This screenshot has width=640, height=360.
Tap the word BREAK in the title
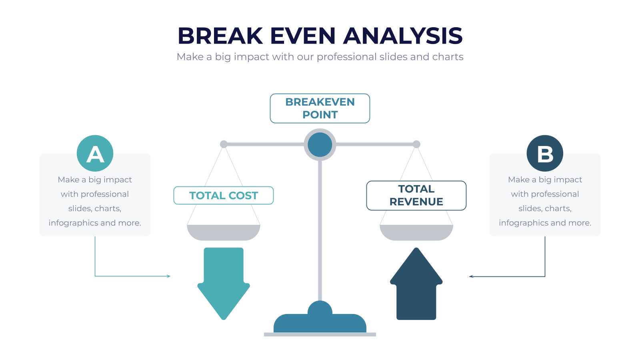[220, 36]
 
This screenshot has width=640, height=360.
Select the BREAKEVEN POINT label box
[320, 108]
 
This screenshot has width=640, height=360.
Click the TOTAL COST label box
[224, 196]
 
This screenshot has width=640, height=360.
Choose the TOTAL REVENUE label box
[416, 196]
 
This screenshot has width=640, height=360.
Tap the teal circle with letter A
[95, 154]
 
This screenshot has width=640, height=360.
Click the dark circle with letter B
[545, 154]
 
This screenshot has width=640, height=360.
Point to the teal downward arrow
[224, 284]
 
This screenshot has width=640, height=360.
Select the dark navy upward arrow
[416, 284]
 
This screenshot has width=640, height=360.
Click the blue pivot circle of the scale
[320, 144]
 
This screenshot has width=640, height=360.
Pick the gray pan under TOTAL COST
[224, 232]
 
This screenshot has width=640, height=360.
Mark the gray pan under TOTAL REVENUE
[416, 232]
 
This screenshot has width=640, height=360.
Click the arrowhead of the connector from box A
[168, 276]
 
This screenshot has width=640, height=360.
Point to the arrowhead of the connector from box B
[471, 276]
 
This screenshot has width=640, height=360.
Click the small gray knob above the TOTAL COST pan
[224, 144]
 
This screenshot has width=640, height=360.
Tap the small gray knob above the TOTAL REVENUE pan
[416, 144]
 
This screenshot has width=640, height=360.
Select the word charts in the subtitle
[448, 56]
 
